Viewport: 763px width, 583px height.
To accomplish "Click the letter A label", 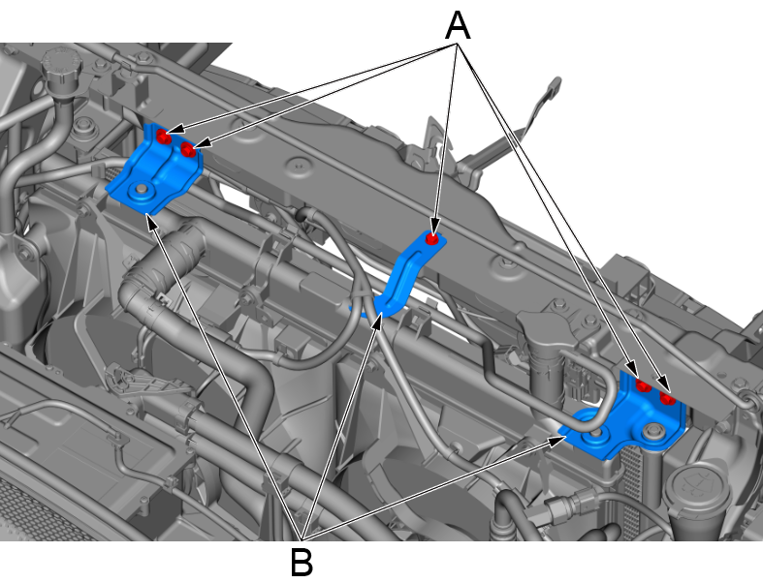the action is point(458,26).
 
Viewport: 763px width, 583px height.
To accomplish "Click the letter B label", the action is point(302,562).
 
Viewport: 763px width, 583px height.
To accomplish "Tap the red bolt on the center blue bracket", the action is point(431,239).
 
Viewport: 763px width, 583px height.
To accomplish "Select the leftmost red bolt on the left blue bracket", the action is point(163,137).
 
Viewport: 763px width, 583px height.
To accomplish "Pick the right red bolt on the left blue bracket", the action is point(188,150).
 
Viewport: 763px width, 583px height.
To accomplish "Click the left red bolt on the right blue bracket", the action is point(644,386).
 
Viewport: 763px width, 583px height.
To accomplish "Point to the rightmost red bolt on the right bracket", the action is point(668,399).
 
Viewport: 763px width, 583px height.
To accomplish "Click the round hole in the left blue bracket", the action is point(142,189).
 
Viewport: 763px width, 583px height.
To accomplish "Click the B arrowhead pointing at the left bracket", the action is point(152,223).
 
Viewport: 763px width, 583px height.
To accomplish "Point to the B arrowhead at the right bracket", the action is point(557,440).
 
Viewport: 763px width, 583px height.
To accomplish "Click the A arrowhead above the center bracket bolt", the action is point(434,226).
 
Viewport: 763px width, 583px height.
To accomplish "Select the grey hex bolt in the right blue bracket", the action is point(652,430).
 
